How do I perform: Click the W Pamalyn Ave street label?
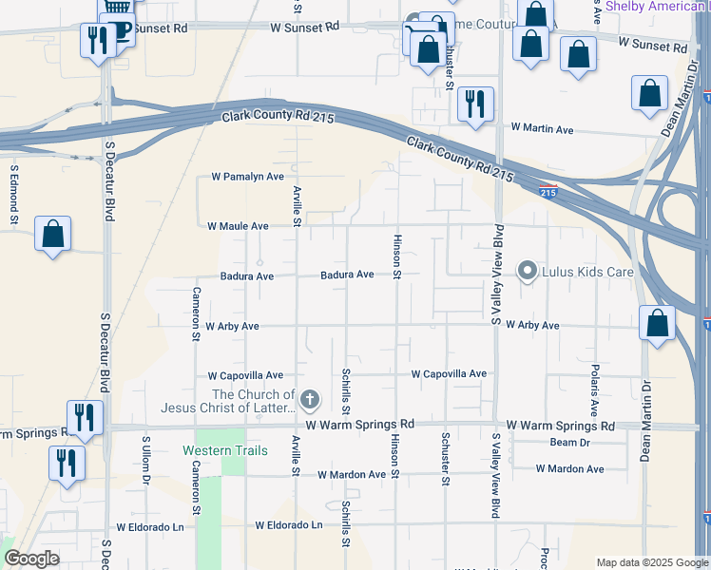click(x=247, y=177)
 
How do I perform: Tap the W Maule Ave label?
click(x=239, y=226)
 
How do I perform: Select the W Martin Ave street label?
click(x=542, y=126)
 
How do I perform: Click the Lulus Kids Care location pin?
click(x=527, y=272)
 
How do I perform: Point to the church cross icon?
click(x=310, y=401)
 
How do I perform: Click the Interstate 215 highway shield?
click(x=548, y=192)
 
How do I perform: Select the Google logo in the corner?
click(x=31, y=559)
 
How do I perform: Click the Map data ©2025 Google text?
click(x=652, y=562)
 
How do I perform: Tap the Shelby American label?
click(x=656, y=6)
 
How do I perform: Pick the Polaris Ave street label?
click(x=594, y=389)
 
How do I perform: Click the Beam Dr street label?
click(x=570, y=443)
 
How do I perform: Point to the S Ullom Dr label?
click(x=146, y=460)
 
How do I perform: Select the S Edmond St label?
click(x=14, y=195)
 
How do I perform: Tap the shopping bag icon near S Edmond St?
click(x=53, y=234)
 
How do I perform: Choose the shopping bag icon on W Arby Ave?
click(x=657, y=323)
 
